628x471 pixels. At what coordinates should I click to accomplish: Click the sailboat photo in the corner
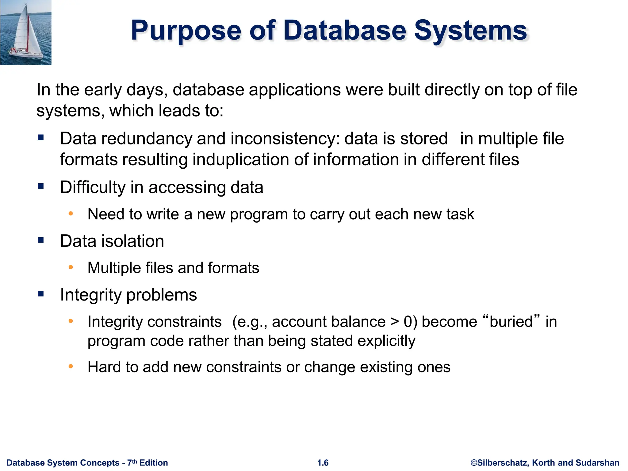pos(26,33)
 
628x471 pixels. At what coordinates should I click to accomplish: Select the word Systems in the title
pos(470,31)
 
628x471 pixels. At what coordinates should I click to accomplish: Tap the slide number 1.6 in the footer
pos(323,463)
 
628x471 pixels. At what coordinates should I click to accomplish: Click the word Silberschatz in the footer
pos(503,463)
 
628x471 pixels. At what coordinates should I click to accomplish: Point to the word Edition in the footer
pos(154,463)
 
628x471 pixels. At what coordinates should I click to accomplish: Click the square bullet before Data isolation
pos(41,240)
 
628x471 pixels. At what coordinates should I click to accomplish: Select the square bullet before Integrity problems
pos(41,294)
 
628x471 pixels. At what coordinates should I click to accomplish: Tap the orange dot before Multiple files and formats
pos(71,267)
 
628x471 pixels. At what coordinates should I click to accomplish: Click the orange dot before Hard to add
pos(71,366)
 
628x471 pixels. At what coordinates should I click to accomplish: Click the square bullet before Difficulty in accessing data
pos(41,186)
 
